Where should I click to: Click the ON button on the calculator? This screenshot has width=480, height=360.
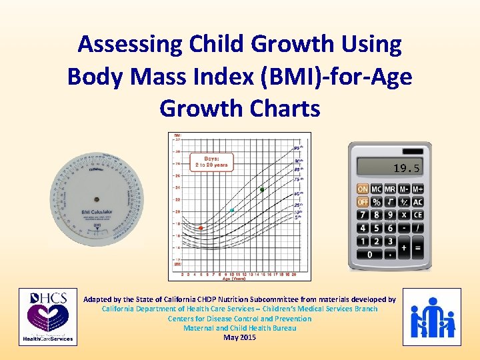pos(363,189)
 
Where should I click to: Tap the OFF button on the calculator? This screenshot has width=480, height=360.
pos(363,202)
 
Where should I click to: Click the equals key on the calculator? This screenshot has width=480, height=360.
pos(418,248)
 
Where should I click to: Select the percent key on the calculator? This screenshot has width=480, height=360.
pos(377,202)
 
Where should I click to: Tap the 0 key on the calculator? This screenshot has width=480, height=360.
pos(369,254)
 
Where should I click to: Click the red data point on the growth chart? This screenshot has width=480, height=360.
pos(201,228)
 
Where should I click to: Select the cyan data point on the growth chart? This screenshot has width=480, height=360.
pos(232,211)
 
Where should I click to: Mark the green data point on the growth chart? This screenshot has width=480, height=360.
pos(262,189)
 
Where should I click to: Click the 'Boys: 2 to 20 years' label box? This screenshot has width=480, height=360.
pos(210,161)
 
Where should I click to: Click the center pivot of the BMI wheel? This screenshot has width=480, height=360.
pos(97,197)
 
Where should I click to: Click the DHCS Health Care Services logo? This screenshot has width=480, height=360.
pos(46,317)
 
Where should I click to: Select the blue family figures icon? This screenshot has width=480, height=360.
pos(432,317)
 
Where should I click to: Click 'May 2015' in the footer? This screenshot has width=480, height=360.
pos(239,337)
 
